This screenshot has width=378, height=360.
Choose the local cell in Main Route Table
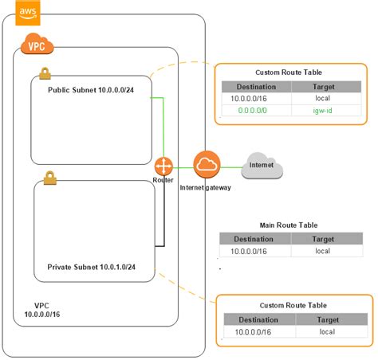click(322, 251)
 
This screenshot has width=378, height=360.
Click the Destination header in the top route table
click(256, 87)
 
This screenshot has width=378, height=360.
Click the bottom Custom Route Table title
click(293, 304)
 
